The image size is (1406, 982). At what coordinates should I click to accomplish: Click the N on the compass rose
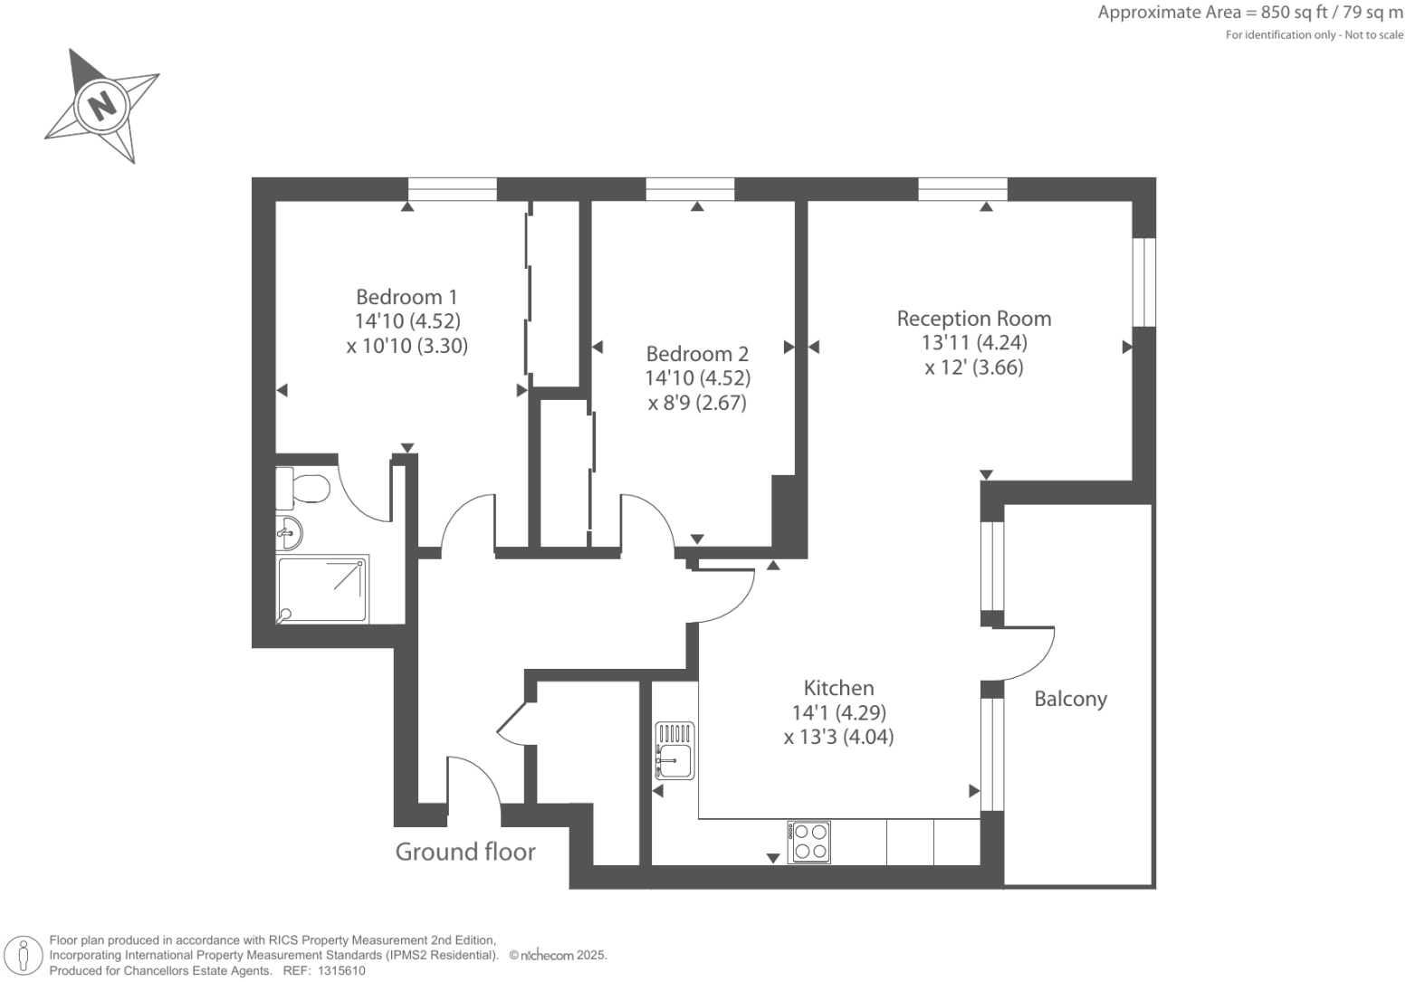(x=105, y=105)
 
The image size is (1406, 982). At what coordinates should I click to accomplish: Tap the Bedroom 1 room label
(x=406, y=297)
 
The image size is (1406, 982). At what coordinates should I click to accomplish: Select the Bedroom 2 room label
(x=697, y=354)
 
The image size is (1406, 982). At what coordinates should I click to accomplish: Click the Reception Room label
(x=974, y=319)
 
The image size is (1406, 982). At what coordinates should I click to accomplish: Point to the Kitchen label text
(x=838, y=688)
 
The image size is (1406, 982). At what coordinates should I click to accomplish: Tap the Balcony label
(x=1070, y=699)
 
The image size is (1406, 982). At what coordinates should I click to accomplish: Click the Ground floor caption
(x=465, y=852)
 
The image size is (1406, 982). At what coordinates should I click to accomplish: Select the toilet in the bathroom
(x=305, y=489)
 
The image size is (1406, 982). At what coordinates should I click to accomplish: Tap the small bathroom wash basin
(x=289, y=533)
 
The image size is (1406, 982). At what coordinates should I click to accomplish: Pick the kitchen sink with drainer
(x=674, y=751)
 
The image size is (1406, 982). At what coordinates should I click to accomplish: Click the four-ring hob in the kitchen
(x=809, y=842)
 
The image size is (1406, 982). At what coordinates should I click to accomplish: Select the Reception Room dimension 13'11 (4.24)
(x=974, y=343)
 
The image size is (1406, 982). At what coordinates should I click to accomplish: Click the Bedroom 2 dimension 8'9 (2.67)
(x=697, y=403)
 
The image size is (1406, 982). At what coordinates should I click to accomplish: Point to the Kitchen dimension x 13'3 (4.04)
(x=838, y=737)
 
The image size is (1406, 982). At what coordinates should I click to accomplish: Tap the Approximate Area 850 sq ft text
(x=1249, y=13)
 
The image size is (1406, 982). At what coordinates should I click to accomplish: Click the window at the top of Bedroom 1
(x=452, y=189)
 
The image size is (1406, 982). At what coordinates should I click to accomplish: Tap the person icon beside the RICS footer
(x=24, y=956)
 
